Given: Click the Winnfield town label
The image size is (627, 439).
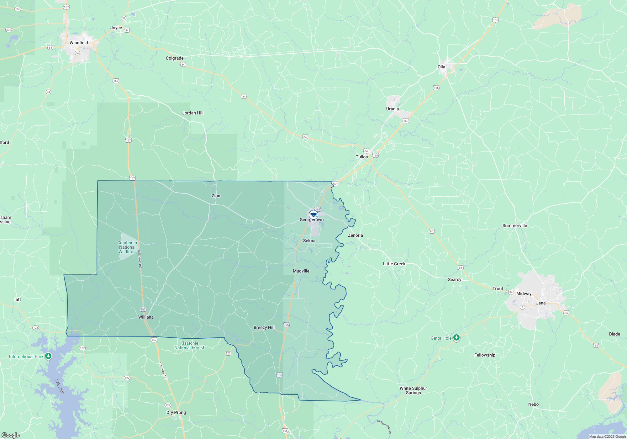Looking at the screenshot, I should tap(79, 43).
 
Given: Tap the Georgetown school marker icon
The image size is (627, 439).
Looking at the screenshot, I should tap(313, 215).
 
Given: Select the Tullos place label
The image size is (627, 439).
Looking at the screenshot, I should tap(362, 157).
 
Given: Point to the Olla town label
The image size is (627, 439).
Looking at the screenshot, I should tap(441, 67).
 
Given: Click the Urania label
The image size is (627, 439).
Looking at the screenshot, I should tap(393, 109).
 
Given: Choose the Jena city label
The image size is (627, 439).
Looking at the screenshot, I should tap(541, 303).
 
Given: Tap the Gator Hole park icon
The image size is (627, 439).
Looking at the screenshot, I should tap(456, 338).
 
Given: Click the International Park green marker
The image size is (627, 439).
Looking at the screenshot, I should tap(48, 356).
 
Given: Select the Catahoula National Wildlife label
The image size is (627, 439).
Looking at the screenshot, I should tap(127, 247).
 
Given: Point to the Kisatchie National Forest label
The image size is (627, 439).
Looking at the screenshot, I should tap(189, 345).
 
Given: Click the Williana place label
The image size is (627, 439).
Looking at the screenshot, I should tap(146, 317).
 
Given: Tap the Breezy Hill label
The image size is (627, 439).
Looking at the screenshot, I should tap(264, 327).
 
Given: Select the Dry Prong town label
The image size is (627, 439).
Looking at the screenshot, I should tap(176, 412).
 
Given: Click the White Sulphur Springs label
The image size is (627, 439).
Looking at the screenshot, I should tap(413, 390).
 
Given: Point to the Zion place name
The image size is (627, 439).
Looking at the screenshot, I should tap(216, 196).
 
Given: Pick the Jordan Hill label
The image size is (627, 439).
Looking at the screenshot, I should tap(193, 113).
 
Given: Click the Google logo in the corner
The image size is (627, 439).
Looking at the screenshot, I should tap(11, 435).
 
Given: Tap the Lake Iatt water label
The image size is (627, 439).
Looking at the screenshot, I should tap(60, 387).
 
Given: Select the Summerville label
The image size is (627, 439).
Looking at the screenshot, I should tap(514, 225).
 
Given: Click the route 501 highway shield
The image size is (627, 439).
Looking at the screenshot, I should tap(8, 30).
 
